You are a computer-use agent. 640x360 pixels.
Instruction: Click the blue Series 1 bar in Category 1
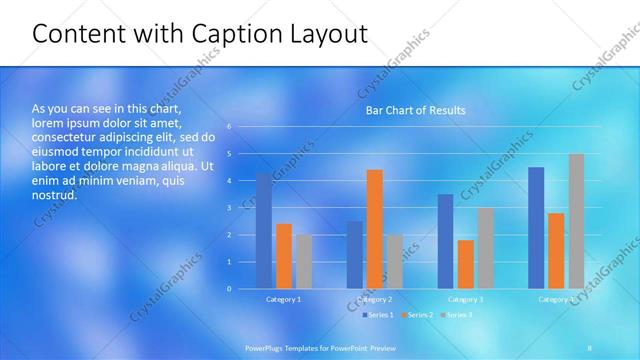pyautogui.click(x=264, y=230)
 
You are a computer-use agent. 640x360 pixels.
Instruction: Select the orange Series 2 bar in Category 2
pyautogui.click(x=375, y=229)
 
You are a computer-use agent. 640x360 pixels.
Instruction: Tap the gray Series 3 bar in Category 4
pyautogui.click(x=576, y=221)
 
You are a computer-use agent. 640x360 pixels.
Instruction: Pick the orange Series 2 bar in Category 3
pyautogui.click(x=466, y=264)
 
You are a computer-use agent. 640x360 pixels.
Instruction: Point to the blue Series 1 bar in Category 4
pyautogui.click(x=536, y=228)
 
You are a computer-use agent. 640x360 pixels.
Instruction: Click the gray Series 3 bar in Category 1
pyautogui.click(x=304, y=261)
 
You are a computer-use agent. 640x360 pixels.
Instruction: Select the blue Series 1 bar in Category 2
pyautogui.click(x=355, y=255)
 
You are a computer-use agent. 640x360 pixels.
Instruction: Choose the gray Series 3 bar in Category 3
pyautogui.click(x=486, y=248)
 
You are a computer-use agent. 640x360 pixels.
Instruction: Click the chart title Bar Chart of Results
pyautogui.click(x=415, y=110)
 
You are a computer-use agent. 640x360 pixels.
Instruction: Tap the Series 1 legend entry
pyautogui.click(x=378, y=315)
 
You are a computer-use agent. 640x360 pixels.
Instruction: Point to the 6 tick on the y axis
pyautogui.click(x=230, y=127)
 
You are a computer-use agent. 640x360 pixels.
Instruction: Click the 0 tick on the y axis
pyautogui.click(x=230, y=289)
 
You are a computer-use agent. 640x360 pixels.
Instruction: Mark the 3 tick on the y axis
pyautogui.click(x=230, y=208)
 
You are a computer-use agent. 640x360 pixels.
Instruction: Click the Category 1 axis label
pyautogui.click(x=284, y=299)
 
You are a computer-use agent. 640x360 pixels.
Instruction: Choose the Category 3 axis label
pyautogui.click(x=466, y=299)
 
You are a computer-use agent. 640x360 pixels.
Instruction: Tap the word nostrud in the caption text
pyautogui.click(x=54, y=195)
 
